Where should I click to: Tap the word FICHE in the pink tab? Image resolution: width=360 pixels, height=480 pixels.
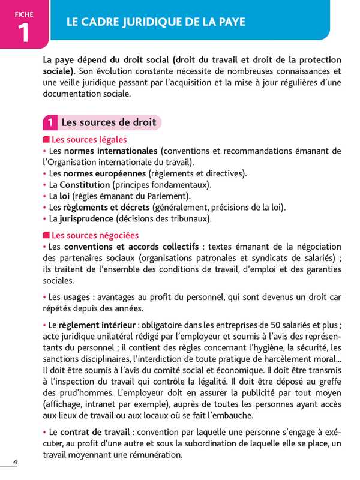(24, 14)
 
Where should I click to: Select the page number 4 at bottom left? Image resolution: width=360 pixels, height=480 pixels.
(16, 461)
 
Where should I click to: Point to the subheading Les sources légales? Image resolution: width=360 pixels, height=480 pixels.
(89, 140)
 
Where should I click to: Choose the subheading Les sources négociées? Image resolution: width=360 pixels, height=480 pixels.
(95, 235)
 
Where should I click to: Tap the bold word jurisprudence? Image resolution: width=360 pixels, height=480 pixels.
(86, 219)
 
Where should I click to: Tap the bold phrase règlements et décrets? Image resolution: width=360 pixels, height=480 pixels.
(107, 208)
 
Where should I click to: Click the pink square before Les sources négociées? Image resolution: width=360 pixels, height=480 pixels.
(46, 236)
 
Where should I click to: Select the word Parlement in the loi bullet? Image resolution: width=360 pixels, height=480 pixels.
(169, 196)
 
